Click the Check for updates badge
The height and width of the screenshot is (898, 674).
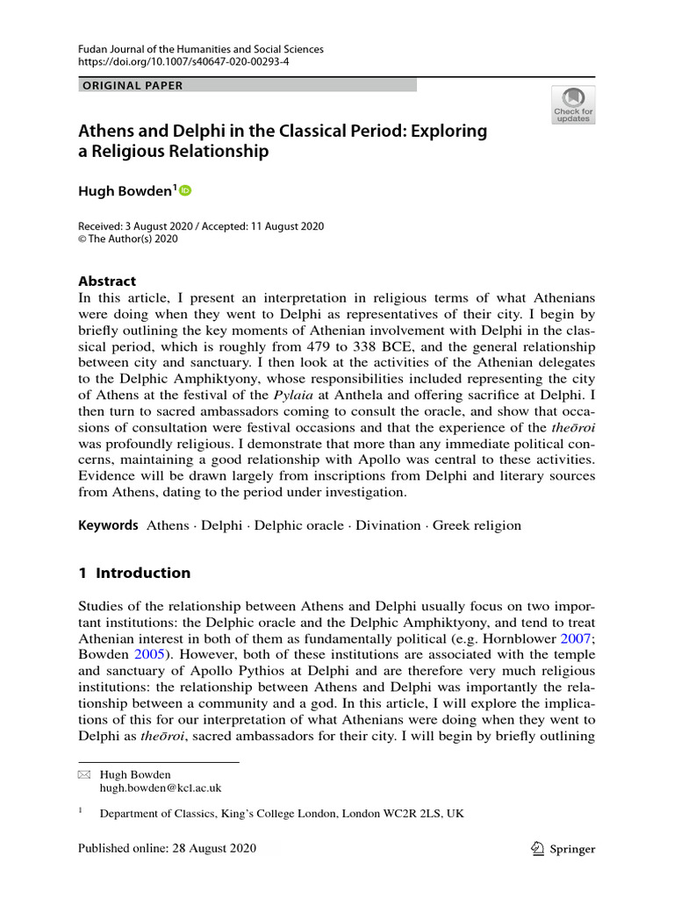(x=572, y=104)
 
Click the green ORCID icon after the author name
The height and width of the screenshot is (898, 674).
(x=185, y=190)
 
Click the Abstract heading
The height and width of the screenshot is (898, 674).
(x=107, y=282)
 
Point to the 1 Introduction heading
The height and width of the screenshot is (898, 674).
(x=134, y=573)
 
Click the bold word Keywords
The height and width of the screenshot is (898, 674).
(x=109, y=525)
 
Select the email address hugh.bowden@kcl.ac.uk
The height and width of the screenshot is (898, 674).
(x=160, y=788)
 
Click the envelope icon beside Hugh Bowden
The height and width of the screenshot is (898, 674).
(x=84, y=775)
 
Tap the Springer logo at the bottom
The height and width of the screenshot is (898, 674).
(x=563, y=848)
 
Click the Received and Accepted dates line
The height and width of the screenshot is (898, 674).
(x=201, y=226)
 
